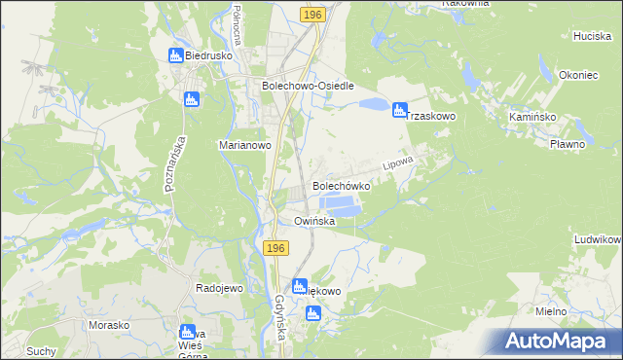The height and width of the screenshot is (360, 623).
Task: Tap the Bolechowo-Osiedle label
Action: click(308, 86)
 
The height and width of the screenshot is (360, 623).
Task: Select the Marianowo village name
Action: click(243, 145)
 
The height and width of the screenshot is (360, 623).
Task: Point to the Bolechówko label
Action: click(341, 185)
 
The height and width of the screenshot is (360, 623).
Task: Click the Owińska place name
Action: click(315, 222)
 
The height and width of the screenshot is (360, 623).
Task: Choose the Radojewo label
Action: click(219, 289)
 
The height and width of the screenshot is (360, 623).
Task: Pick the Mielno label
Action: click(552, 310)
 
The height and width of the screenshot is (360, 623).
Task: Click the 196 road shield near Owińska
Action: click(275, 249)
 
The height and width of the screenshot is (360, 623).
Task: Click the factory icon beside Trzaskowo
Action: click(399, 111)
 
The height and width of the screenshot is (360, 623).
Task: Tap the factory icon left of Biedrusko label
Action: click(175, 56)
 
